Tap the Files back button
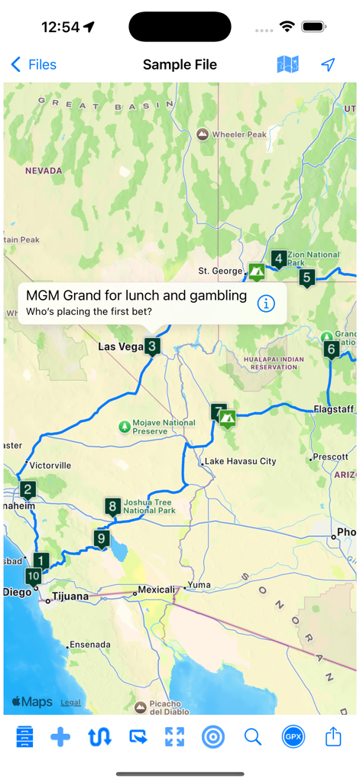pyautogui.click(x=34, y=65)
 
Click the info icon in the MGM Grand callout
pyautogui.click(x=266, y=304)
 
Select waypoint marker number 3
pyautogui.click(x=153, y=346)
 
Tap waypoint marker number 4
pyautogui.click(x=279, y=259)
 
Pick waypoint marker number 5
pyautogui.click(x=307, y=278)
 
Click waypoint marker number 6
pyautogui.click(x=331, y=350)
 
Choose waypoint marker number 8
pyautogui.click(x=113, y=506)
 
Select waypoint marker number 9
pyautogui.click(x=102, y=538)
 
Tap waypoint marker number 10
pyautogui.click(x=33, y=577)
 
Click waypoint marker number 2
pyautogui.click(x=28, y=490)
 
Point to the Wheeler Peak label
pyautogui.click(x=238, y=135)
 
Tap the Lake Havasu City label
pyautogui.click(x=240, y=461)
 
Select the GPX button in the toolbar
pyautogui.click(x=293, y=737)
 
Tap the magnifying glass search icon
pyautogui.click(x=253, y=737)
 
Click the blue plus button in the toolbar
pyautogui.click(x=60, y=737)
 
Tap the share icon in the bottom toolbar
pyautogui.click(x=333, y=737)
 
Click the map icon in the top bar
pyautogui.click(x=287, y=65)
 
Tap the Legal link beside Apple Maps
pyautogui.click(x=70, y=703)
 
